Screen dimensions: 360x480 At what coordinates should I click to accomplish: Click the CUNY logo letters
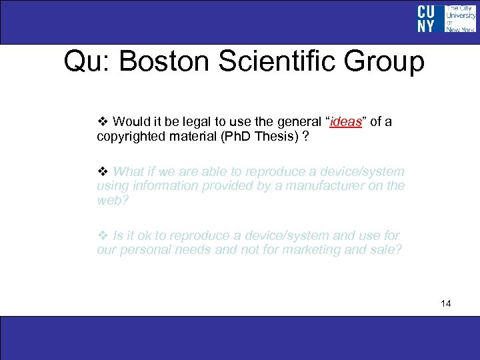pyautogui.click(x=426, y=19)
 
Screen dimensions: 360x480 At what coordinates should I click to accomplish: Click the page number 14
pyautogui.click(x=446, y=304)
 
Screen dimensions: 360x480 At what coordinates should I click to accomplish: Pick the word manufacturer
pyautogui.click(x=334, y=185)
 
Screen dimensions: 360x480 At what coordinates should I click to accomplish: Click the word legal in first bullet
pyautogui.click(x=191, y=121)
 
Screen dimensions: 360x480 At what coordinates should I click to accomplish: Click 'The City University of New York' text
pyautogui.click(x=460, y=19)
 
